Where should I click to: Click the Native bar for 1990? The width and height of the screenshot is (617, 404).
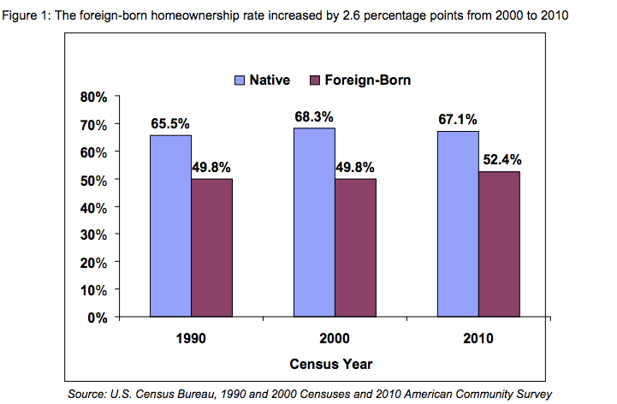point(170,226)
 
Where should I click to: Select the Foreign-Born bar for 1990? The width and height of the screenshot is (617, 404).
point(211,248)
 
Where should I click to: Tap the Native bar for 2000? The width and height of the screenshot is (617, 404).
point(314,223)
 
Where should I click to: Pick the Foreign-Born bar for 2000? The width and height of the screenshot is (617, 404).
point(355,248)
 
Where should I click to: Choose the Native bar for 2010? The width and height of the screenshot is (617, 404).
point(458,224)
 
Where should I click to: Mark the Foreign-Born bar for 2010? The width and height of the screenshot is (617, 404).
point(499,245)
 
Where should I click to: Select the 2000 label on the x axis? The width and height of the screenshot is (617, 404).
point(335,338)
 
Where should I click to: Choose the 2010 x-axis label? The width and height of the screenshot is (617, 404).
point(478,338)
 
